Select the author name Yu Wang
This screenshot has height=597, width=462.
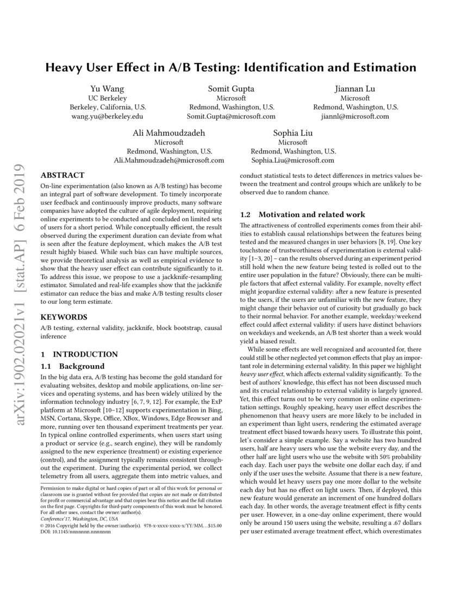click(106, 89)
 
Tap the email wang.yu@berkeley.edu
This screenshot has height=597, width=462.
click(107, 116)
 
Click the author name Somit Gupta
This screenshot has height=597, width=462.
click(231, 89)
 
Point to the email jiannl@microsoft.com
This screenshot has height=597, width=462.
click(355, 116)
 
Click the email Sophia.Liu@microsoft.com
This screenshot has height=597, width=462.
click(293, 160)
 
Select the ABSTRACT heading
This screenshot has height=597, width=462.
click(63, 175)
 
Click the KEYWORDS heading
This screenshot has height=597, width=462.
click(64, 316)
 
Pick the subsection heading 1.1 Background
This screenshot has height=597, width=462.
click(73, 366)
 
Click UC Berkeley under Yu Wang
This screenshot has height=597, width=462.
click(107, 98)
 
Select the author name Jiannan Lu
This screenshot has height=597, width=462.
click(355, 89)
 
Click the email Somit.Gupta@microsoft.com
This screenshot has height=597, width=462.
click(231, 116)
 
